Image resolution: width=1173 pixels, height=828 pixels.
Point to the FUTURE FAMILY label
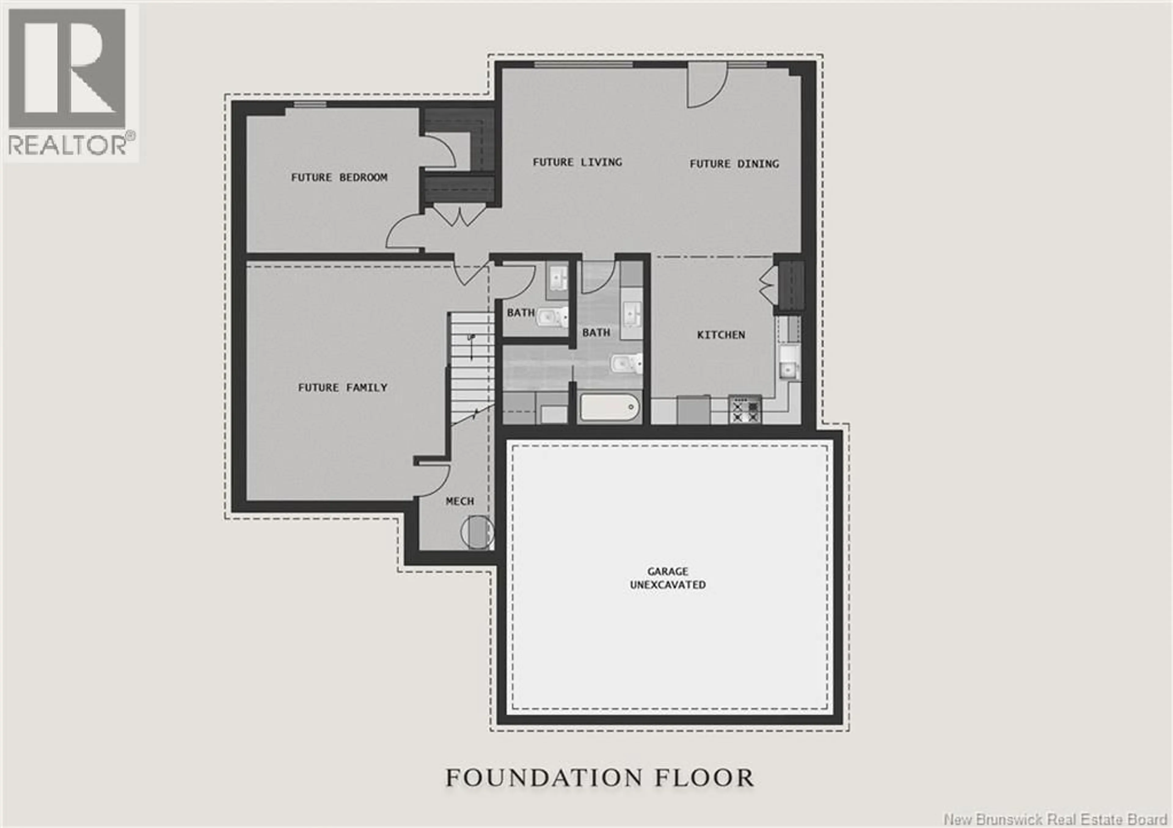(342, 388)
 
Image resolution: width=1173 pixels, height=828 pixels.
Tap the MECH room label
(460, 501)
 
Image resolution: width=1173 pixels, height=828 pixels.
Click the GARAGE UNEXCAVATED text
(668, 578)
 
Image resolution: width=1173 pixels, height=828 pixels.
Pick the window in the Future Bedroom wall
(310, 104)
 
